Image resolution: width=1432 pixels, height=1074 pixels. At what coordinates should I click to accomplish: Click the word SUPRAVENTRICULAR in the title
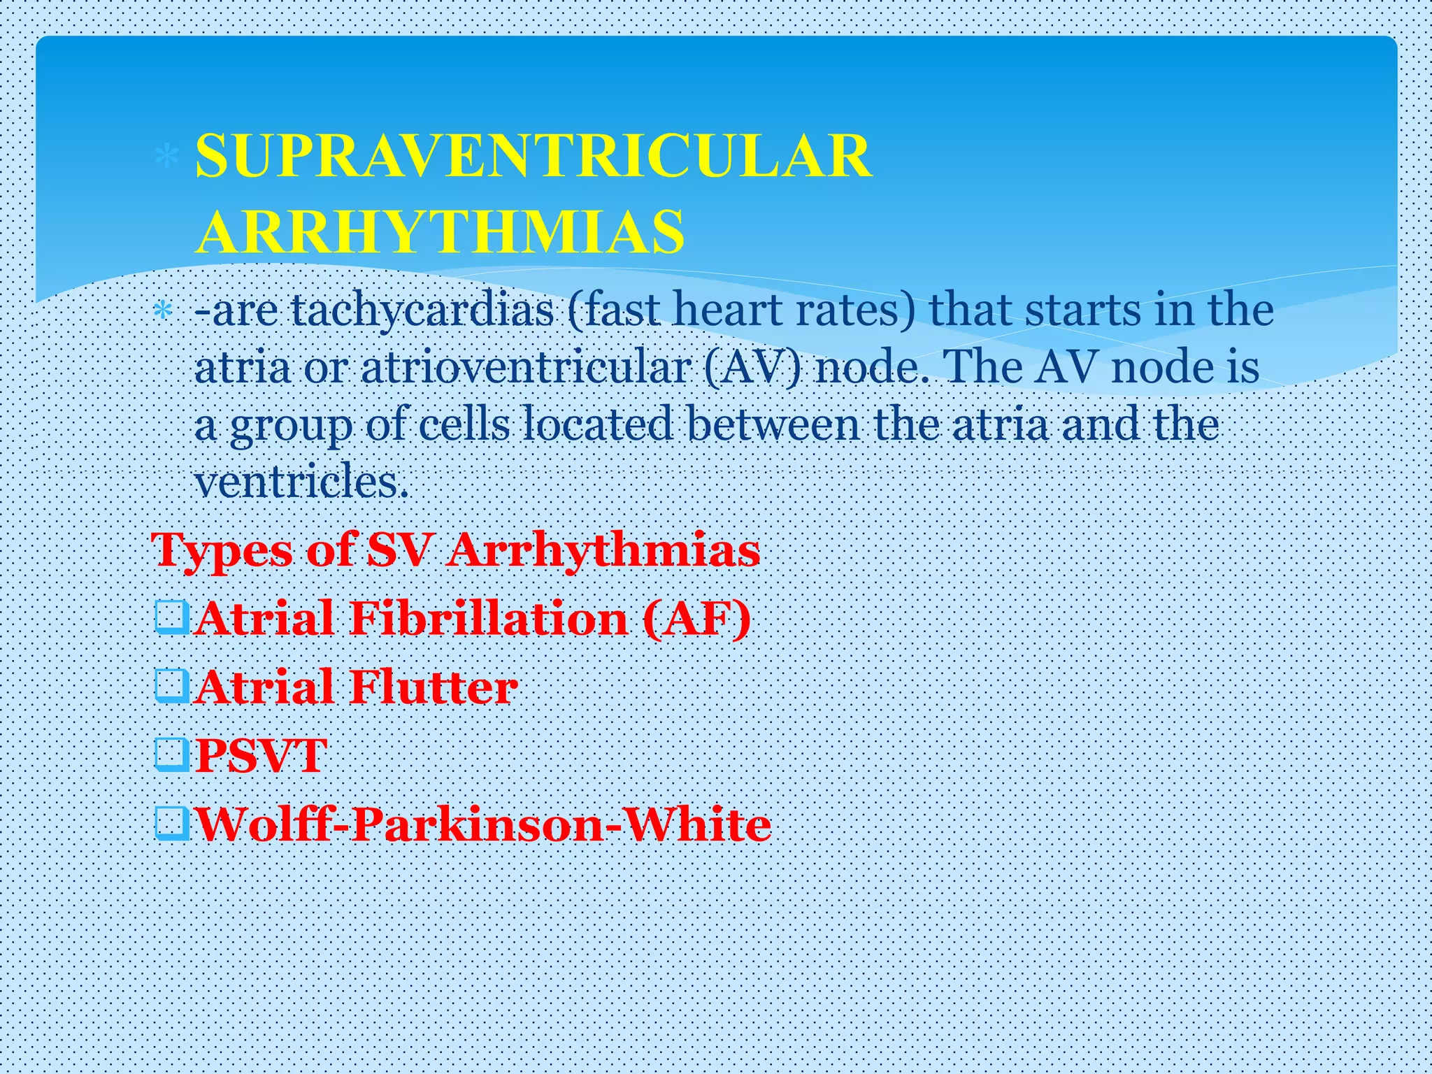click(x=533, y=156)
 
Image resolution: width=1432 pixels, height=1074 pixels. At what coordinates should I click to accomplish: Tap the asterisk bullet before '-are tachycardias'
click(x=163, y=310)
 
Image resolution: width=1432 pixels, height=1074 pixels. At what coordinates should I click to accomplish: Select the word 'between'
click(x=772, y=424)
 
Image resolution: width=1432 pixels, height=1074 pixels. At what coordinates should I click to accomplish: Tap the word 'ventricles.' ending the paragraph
click(x=301, y=482)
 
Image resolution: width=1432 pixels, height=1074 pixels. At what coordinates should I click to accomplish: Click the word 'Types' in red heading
click(x=222, y=551)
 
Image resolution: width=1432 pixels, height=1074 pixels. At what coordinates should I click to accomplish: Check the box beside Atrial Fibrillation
click(x=172, y=617)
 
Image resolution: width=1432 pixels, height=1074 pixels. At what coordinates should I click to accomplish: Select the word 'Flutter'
click(x=434, y=687)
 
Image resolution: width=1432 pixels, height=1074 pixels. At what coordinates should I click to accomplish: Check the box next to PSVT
click(x=172, y=755)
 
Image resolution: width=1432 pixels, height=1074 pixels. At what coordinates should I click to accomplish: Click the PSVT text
click(x=261, y=755)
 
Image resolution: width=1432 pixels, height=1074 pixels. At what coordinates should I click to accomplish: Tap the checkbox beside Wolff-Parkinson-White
click(x=172, y=823)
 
